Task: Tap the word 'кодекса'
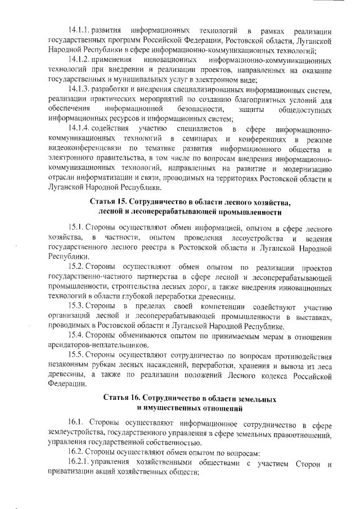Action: pos(275,376)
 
